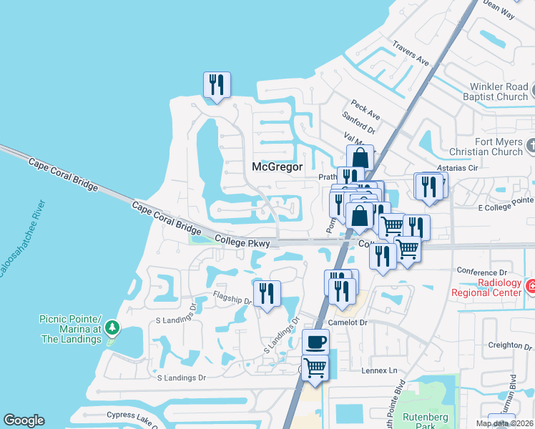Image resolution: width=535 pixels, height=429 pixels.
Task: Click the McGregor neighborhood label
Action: (278, 167)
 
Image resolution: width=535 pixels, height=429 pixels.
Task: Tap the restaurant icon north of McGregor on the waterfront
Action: (216, 84)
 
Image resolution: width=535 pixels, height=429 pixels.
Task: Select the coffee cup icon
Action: (315, 342)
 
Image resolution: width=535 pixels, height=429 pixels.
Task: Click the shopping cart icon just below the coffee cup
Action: (315, 368)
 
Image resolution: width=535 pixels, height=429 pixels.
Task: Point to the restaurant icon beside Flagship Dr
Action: (267, 292)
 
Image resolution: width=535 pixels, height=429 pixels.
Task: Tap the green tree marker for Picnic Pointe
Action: (111, 328)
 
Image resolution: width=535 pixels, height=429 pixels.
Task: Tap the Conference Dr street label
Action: (482, 272)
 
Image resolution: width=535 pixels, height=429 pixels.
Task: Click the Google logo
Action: (24, 420)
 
